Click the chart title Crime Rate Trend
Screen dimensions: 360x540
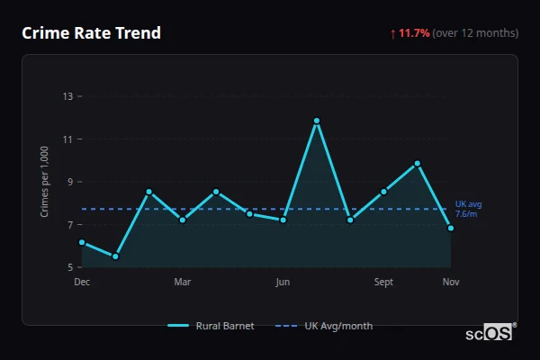(x=92, y=33)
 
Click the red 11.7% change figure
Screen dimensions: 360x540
(x=414, y=33)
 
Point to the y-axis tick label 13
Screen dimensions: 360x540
(x=67, y=96)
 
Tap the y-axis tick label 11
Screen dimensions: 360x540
(x=67, y=139)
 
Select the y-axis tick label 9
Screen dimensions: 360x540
(x=69, y=182)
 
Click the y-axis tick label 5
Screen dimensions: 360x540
(x=69, y=267)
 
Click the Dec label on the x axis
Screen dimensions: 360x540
(x=82, y=283)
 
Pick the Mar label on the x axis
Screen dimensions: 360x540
(x=183, y=283)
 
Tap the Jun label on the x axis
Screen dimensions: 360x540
(x=283, y=283)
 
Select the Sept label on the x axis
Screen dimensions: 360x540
(x=383, y=283)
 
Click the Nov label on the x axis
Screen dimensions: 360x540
(x=451, y=283)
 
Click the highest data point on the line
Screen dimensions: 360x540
(x=317, y=121)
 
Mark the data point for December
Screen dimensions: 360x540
(x=82, y=242)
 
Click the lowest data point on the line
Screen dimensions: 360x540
(x=115, y=256)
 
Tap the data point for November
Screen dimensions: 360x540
(x=451, y=228)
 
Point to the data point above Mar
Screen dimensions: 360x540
(x=183, y=220)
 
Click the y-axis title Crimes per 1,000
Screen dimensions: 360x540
(x=45, y=181)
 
